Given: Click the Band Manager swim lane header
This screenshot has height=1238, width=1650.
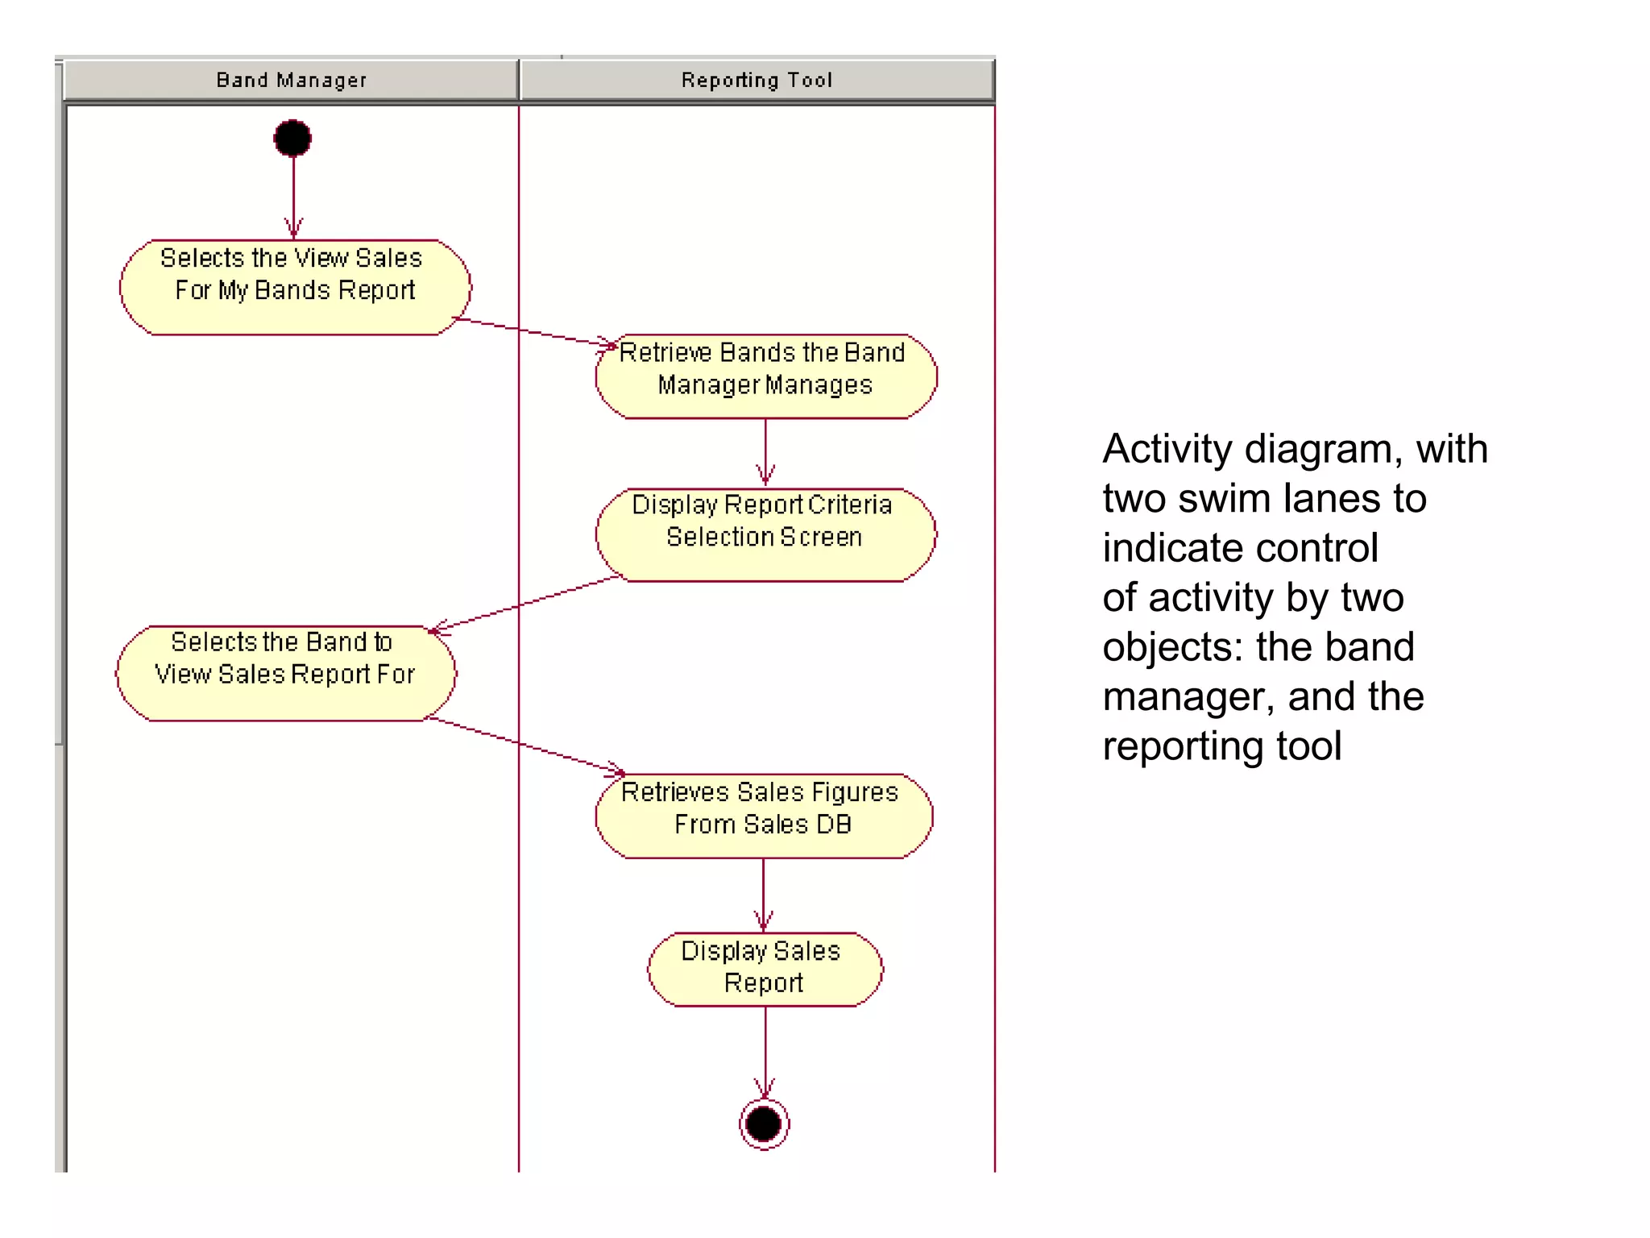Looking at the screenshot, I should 291,80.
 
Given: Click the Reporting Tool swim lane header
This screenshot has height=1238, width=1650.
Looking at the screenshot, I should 757,80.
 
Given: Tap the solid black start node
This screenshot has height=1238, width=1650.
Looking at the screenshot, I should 292,139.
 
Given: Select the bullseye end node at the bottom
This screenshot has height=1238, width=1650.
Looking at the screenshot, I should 764,1124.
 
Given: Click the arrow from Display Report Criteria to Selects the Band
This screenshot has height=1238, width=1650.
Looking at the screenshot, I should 524,604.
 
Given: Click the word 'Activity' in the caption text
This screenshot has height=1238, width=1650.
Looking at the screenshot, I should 1167,449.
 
